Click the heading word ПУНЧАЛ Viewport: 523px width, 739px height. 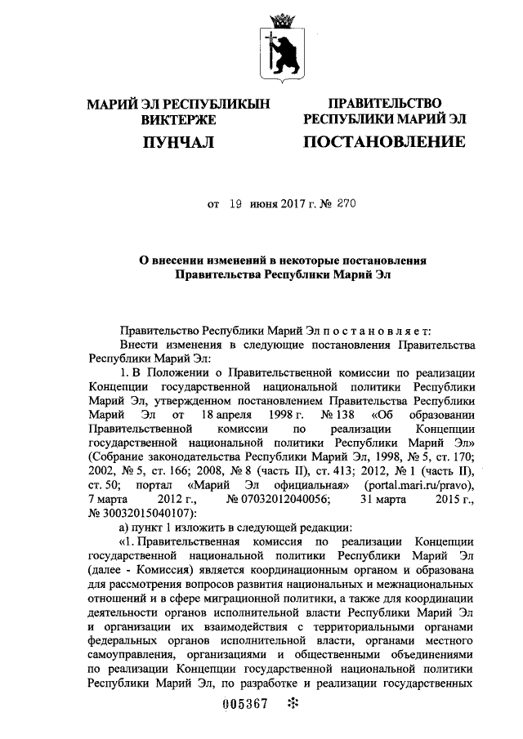click(x=177, y=143)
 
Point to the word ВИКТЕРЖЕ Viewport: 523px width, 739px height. click(x=177, y=119)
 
